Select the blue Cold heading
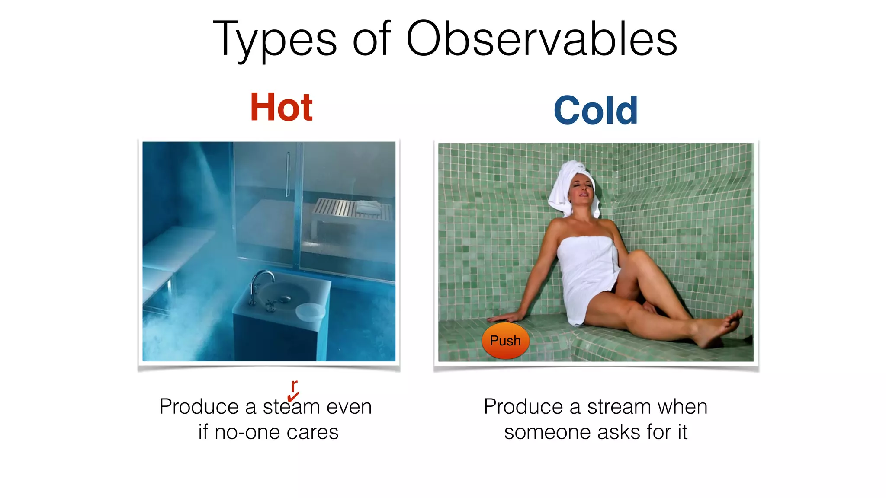click(595, 111)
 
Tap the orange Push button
click(505, 341)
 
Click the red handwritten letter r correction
click(294, 384)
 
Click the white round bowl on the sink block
click(310, 312)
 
